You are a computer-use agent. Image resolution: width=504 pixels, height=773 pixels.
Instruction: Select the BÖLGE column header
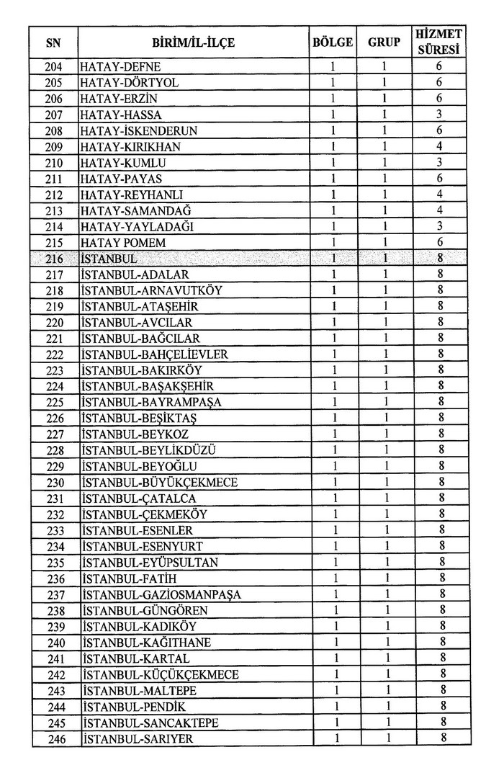coord(333,43)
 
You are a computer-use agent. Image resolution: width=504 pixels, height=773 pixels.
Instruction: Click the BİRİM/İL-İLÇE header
coord(193,43)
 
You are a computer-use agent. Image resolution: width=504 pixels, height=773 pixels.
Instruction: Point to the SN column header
coord(53,43)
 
